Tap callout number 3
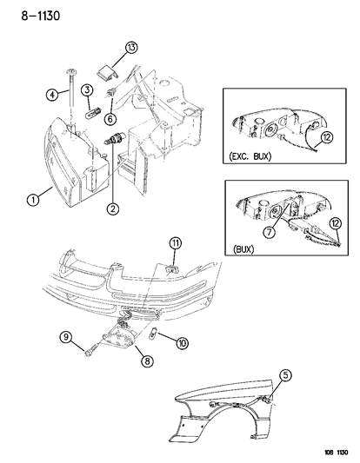click(x=88, y=91)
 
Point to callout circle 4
click(x=51, y=96)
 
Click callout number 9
click(x=64, y=336)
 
